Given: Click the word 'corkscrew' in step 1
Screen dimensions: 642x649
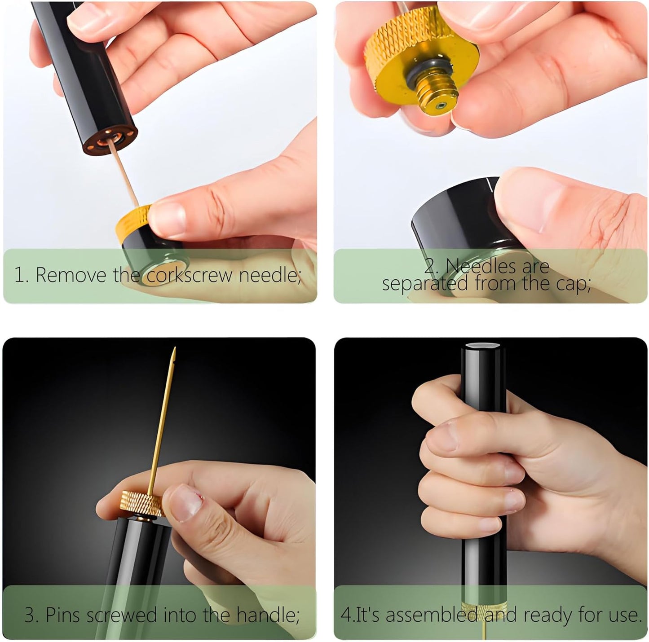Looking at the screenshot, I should coord(190,275).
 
